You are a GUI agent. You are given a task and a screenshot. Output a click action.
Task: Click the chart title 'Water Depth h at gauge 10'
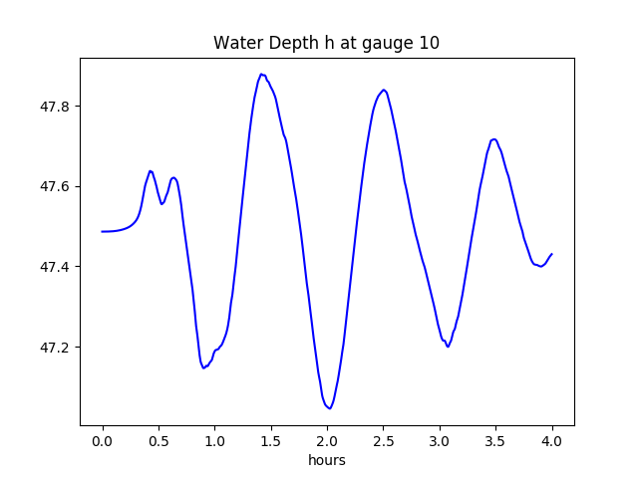click(x=327, y=44)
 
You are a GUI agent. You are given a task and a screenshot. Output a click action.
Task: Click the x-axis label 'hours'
click(x=327, y=461)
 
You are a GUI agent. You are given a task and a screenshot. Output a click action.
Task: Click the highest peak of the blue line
click(x=261, y=74)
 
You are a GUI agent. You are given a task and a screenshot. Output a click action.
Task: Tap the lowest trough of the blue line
click(x=330, y=407)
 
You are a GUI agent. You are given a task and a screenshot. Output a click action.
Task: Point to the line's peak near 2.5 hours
click(x=384, y=90)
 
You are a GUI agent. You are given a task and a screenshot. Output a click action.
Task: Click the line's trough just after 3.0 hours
click(x=448, y=347)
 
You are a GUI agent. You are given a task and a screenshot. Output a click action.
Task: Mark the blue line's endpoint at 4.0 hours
click(x=551, y=254)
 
